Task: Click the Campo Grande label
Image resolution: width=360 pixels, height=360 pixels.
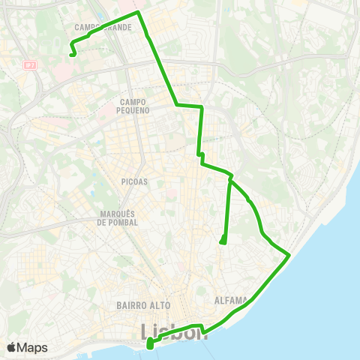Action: tap(104, 27)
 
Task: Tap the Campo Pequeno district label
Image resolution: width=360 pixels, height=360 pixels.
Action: tap(134, 106)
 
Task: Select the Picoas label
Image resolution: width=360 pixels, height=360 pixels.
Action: tap(134, 181)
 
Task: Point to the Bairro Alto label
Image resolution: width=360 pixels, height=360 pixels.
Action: tap(144, 305)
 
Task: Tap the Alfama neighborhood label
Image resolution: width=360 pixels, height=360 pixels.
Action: tap(231, 301)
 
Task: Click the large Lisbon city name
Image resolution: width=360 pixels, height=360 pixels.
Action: tap(175, 331)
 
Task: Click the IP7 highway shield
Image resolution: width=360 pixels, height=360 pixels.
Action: tap(29, 67)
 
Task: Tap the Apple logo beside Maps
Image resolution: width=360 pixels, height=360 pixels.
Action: tap(11, 347)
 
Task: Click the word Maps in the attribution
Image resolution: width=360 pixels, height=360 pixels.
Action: tap(33, 347)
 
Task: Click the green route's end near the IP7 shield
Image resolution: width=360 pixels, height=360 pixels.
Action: tap(71, 54)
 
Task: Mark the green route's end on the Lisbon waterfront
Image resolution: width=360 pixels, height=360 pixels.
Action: tap(149, 345)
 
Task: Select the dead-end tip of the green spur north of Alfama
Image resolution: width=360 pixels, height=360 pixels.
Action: tap(222, 241)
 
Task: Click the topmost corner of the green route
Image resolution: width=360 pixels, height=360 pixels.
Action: tap(138, 12)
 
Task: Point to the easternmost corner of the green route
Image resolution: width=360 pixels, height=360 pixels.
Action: tap(289, 256)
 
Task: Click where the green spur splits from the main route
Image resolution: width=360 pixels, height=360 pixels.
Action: tap(230, 178)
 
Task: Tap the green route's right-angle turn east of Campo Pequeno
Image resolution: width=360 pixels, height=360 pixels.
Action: tap(202, 107)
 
